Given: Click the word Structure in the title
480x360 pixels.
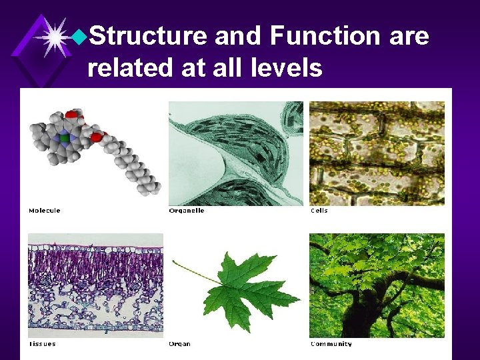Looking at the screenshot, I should tap(147, 36).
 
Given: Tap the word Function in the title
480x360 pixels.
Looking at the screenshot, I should tap(325, 36).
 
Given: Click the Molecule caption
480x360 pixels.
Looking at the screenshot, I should tap(44, 211).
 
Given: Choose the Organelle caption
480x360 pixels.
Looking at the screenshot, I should tap(187, 211).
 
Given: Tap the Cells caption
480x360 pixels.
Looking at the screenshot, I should tap(319, 211).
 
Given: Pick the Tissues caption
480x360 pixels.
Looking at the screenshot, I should tap(41, 344).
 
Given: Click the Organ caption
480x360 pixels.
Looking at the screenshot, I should tap(179, 344).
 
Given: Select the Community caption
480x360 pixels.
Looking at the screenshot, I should tap(331, 344).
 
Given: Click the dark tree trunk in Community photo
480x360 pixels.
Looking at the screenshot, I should tap(363, 313).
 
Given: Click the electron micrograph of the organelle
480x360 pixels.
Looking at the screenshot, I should tap(236, 153).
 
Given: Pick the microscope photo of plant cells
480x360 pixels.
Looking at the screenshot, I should tap(377, 153).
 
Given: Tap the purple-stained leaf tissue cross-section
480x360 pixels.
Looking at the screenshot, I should tap(95, 285).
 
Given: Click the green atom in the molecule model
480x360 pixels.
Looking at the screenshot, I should tap(64, 139).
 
